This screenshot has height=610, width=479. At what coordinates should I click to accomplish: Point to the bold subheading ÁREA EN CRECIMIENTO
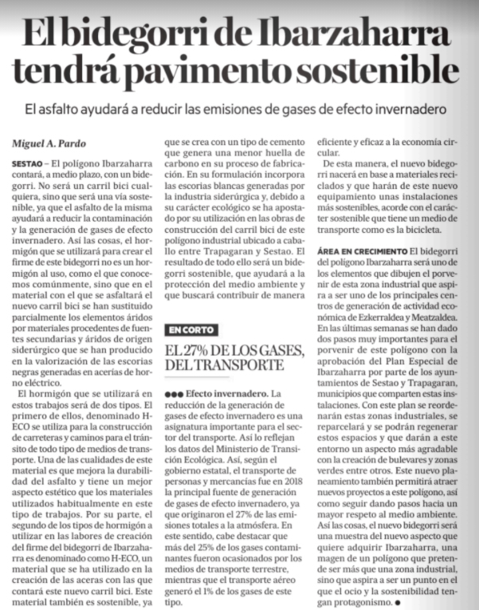362,251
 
